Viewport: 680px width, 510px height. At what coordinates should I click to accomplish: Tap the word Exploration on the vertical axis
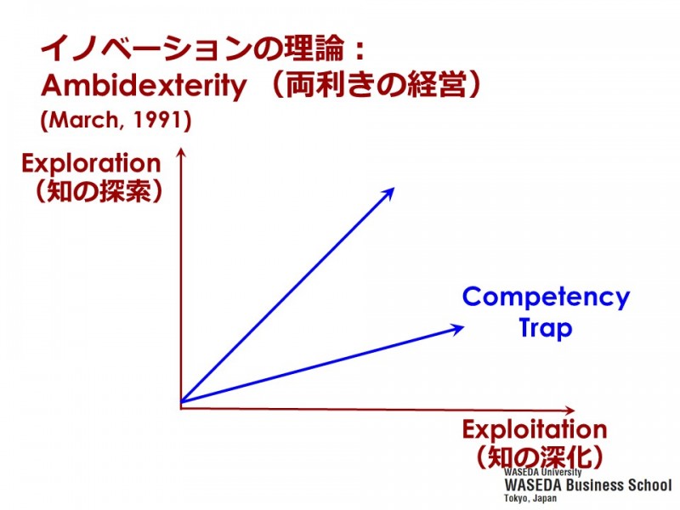click(x=91, y=163)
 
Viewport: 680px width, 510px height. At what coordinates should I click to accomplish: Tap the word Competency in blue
click(x=546, y=297)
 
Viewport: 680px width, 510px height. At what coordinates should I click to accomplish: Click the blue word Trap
click(x=546, y=327)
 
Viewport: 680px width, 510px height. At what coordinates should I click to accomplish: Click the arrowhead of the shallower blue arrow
click(x=460, y=326)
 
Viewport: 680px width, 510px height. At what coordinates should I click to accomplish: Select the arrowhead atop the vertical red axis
click(x=180, y=154)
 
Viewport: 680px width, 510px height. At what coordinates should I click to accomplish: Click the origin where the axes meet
click(x=181, y=402)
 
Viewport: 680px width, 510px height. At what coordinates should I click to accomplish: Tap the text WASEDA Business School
click(x=586, y=484)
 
